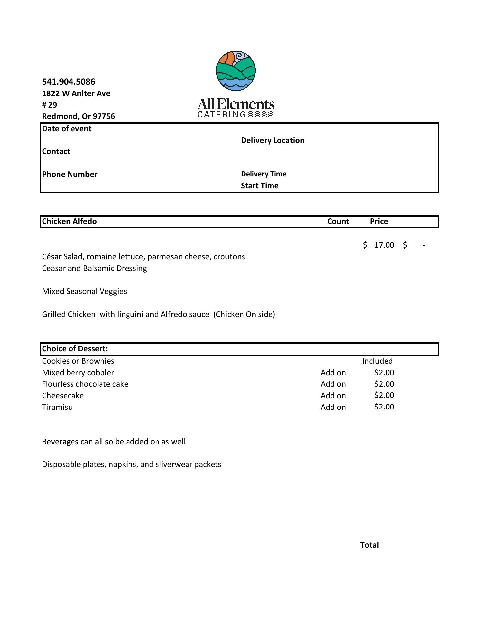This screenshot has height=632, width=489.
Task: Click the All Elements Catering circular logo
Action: click(236, 71)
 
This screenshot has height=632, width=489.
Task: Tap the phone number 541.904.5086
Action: click(69, 82)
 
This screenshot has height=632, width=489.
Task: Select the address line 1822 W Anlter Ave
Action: click(76, 93)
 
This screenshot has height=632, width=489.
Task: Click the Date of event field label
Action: click(67, 129)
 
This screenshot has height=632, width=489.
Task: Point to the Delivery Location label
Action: click(273, 140)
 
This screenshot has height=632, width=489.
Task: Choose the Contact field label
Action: click(56, 151)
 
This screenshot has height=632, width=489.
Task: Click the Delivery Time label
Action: click(264, 174)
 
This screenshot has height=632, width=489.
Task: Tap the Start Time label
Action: click(260, 186)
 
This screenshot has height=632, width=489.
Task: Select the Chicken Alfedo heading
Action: click(69, 221)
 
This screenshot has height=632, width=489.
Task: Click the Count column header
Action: click(338, 221)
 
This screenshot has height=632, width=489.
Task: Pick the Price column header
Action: click(379, 221)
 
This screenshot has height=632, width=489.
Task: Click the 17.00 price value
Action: click(384, 245)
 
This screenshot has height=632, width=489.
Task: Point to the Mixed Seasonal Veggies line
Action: click(84, 291)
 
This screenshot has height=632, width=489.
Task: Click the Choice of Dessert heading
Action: click(75, 349)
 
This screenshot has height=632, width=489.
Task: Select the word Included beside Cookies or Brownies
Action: click(377, 361)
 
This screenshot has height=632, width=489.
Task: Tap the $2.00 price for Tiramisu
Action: click(384, 407)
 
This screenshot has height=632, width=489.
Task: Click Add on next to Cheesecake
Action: click(333, 396)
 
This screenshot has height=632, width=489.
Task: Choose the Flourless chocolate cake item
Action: click(85, 384)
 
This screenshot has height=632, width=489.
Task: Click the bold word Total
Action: click(369, 545)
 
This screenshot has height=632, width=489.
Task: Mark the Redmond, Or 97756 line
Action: click(78, 116)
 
